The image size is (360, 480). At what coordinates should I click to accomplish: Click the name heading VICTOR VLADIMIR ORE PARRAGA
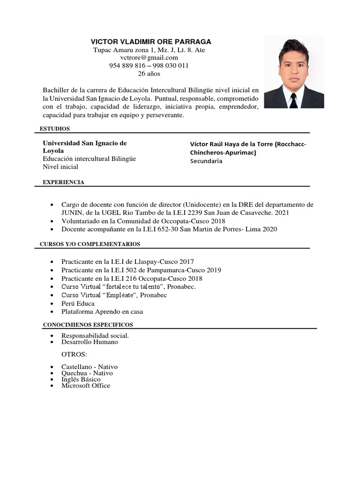click(x=151, y=41)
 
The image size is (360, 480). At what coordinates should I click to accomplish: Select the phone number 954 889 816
click(x=127, y=66)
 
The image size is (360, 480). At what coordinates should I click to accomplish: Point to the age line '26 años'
click(x=149, y=74)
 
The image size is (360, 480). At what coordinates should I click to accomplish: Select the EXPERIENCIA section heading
click(x=64, y=182)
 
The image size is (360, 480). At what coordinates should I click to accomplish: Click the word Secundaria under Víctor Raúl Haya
click(x=206, y=161)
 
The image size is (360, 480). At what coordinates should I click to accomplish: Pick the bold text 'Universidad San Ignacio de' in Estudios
click(x=85, y=142)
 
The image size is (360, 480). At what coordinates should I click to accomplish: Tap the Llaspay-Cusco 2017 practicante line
click(x=127, y=262)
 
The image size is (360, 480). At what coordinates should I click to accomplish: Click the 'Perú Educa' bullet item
click(x=78, y=303)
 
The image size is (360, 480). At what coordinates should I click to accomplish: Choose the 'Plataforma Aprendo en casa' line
click(x=102, y=312)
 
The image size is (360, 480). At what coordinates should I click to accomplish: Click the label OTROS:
click(x=75, y=354)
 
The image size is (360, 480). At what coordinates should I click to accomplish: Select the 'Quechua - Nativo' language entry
click(x=87, y=373)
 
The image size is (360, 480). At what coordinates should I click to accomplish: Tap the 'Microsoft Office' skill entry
click(x=86, y=385)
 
